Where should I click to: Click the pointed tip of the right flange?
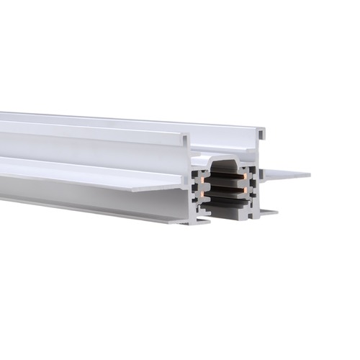(x=308, y=174)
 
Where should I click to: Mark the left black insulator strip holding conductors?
(x=201, y=189)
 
